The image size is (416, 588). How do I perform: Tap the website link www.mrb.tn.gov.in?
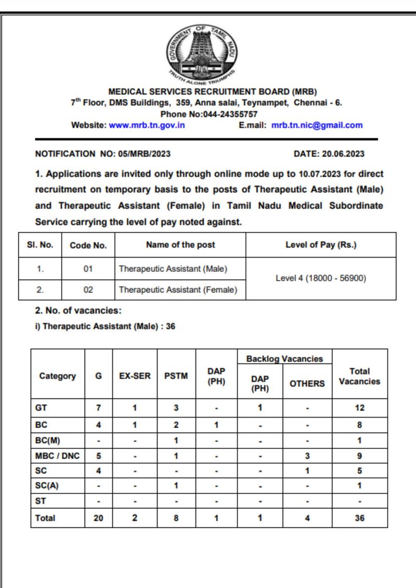point(147,125)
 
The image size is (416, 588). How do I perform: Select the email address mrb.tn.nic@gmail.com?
point(317,125)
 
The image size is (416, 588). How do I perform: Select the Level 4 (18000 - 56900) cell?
point(321,278)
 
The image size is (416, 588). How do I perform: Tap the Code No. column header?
point(88,246)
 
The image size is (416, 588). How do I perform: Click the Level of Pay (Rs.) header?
point(321,245)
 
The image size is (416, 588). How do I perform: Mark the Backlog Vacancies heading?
point(284,359)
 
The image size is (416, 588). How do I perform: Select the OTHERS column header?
point(307,384)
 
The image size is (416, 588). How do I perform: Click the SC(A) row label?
point(45,486)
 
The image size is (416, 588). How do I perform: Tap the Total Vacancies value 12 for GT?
point(360,408)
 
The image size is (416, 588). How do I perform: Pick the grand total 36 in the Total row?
point(360,518)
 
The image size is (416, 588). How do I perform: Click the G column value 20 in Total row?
point(98,518)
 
